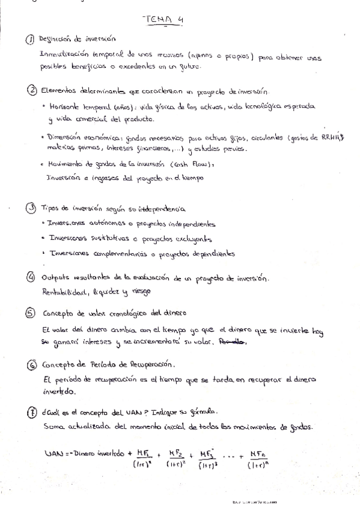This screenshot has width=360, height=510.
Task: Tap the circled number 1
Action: pyautogui.click(x=31, y=40)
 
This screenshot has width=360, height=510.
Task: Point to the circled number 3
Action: pyautogui.click(x=31, y=208)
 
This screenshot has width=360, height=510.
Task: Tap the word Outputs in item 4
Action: pyautogui.click(x=57, y=278)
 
